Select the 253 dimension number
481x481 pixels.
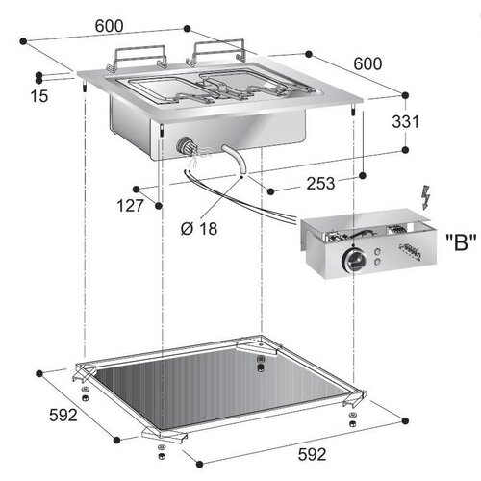pos(294,183)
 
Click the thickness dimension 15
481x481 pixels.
pos(38,95)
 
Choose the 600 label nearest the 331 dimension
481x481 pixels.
pos(367,63)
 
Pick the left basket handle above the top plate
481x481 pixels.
pos(137,59)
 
